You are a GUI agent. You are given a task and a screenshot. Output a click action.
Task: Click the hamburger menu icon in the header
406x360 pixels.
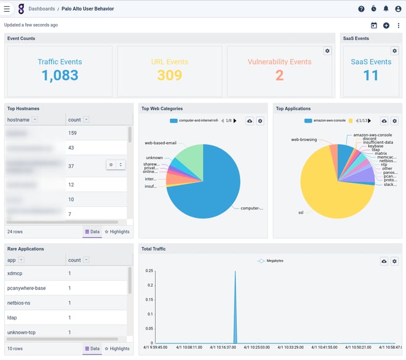tap(7, 9)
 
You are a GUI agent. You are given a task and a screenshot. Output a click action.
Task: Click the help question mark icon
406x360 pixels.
tap(361, 9)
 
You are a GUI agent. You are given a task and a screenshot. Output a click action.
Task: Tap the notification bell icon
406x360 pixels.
tap(386, 9)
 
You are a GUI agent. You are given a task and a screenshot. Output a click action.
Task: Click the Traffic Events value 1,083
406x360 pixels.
tap(60, 76)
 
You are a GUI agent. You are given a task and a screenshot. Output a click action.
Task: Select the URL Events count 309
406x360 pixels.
tap(169, 75)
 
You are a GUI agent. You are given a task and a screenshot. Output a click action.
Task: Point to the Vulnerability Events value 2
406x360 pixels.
tap(279, 75)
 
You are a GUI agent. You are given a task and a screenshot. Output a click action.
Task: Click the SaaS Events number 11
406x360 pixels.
tap(371, 75)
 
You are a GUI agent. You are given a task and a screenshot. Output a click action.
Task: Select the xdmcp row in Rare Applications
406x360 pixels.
tap(18, 273)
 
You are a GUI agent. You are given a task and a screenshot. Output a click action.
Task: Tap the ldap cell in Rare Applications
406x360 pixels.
tap(13, 318)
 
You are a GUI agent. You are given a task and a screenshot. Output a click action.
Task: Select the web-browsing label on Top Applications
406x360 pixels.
tap(304, 140)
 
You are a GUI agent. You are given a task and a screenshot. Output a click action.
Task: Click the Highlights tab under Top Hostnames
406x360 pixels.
tap(117, 231)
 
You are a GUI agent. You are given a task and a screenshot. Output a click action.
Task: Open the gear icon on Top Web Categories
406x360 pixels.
tap(260, 121)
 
